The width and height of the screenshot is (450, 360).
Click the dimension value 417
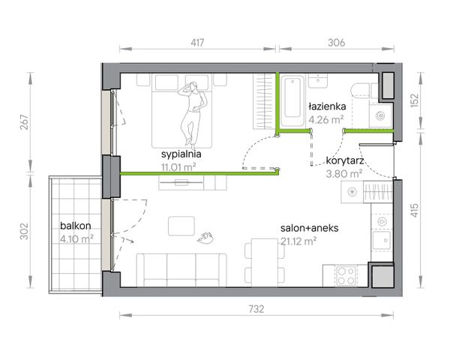click(197, 43)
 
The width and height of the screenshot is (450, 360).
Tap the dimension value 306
click(336, 43)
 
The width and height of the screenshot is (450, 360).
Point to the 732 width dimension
click(256, 309)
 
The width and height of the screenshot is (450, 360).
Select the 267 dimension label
click(25, 122)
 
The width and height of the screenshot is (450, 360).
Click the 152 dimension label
click(415, 100)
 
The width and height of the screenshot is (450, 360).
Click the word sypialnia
click(181, 154)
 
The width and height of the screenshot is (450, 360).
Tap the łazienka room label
click(327, 106)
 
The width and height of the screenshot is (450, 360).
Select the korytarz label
click(345, 160)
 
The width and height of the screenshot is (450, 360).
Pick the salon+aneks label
click(309, 228)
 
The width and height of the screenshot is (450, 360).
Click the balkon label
click(76, 226)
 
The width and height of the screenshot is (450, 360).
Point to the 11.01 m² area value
click(178, 166)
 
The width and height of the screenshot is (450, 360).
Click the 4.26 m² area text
click(326, 119)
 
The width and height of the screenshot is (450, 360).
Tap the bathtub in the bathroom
click(292, 100)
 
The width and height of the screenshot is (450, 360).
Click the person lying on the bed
click(192, 113)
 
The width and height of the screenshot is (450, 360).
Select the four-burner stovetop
click(346, 276)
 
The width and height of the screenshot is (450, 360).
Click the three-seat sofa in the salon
click(181, 270)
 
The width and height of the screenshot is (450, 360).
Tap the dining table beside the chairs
click(264, 262)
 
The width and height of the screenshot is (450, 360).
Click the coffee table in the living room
click(181, 226)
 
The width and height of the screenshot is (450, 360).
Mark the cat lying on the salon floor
click(205, 238)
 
